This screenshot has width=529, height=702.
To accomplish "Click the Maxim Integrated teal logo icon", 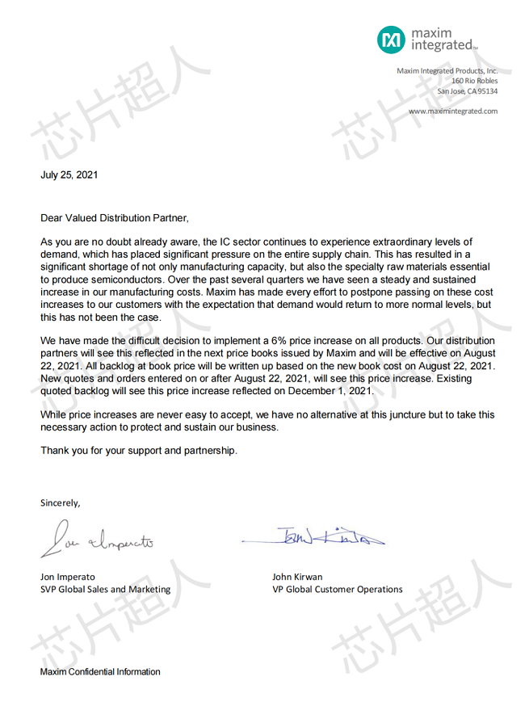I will click(x=392, y=39).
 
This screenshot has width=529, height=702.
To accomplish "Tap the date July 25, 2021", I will click(x=69, y=174).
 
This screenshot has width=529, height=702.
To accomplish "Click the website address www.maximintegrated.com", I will click(x=452, y=111).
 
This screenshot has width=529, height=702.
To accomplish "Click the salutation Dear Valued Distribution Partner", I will click(x=115, y=218).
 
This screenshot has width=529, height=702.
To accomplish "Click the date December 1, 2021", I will click(x=338, y=390).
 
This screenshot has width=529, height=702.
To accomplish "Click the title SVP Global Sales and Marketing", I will click(x=105, y=589).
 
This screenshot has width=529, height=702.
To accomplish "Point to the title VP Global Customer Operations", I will click(x=338, y=589).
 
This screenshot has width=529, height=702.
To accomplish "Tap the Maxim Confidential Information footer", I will click(x=100, y=672).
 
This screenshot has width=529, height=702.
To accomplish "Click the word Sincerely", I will click(x=61, y=502).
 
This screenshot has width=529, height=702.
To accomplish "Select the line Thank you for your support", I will click(x=139, y=451).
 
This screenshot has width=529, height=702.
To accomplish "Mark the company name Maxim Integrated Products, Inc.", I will click(x=447, y=71).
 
